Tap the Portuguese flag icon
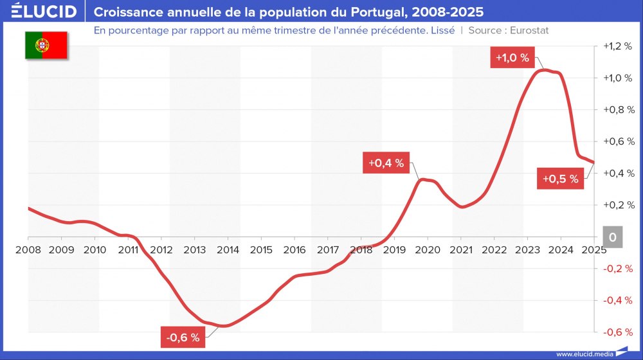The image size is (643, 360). point(46,45)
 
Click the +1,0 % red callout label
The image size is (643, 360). point(512,58)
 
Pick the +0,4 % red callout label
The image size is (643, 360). point(386,163)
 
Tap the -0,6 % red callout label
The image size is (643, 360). point(183,337)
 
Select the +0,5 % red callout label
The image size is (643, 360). point(560,179)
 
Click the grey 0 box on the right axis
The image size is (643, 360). point(612,237)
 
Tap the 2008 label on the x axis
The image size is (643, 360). point(28,250)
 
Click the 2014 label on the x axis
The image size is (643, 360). point(228,250)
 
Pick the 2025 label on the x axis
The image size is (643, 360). point(593,250)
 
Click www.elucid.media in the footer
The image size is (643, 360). point(584,354)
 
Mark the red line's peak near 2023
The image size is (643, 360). point(544,69)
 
